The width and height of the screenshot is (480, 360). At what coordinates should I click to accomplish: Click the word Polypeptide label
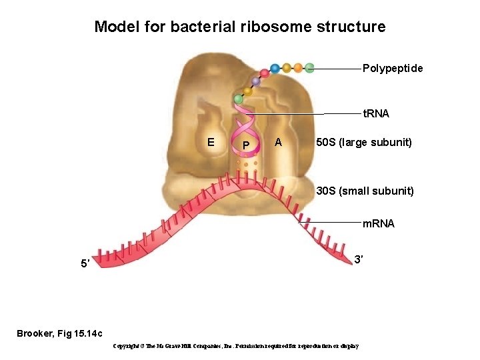point(392,69)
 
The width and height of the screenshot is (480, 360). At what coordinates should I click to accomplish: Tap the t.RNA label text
point(375,114)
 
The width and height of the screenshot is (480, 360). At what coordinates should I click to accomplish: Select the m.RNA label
point(378,223)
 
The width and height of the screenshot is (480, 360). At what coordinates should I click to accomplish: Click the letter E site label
point(211,142)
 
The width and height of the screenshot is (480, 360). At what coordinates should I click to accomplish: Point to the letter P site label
point(246,145)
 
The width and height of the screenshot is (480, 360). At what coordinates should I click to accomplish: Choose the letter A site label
point(279,142)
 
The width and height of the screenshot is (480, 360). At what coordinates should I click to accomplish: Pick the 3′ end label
point(358,259)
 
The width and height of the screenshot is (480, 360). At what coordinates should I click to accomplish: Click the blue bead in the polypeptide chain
point(275,68)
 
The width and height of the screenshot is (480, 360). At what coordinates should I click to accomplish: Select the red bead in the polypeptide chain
point(265,72)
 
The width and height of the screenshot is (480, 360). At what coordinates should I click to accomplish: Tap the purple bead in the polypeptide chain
point(255,81)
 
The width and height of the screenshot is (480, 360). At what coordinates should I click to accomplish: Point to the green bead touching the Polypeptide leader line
point(309,67)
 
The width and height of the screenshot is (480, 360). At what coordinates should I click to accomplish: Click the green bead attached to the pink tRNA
point(238,99)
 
